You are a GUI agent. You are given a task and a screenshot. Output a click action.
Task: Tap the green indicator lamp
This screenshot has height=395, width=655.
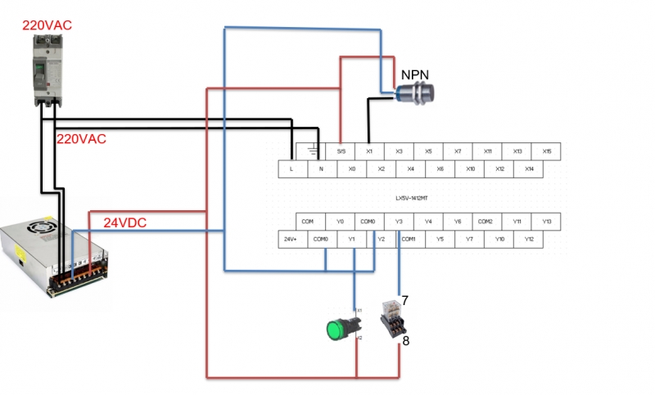[335, 330]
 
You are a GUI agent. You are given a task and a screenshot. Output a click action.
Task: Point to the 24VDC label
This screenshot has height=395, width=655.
[124, 222]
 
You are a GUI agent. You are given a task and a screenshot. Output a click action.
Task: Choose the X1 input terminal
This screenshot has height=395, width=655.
[369, 151]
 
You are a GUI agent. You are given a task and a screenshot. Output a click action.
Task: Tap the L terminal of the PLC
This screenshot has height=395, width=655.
[292, 168]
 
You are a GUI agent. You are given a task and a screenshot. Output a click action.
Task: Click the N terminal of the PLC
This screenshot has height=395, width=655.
[322, 168]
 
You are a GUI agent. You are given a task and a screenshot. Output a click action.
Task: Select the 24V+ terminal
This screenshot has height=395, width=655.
[290, 239]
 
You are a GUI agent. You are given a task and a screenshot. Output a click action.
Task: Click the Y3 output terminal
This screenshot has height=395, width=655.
[399, 222]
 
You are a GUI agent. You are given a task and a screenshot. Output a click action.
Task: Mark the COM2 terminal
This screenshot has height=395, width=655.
[486, 222]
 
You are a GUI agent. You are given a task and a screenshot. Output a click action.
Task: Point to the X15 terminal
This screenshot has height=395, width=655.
[546, 151]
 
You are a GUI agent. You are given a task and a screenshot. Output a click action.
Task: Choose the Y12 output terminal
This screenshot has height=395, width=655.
[530, 239]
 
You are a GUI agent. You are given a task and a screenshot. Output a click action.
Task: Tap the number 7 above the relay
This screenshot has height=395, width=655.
[404, 300]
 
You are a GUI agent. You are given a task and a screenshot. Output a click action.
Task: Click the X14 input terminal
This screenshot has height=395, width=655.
[530, 168]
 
